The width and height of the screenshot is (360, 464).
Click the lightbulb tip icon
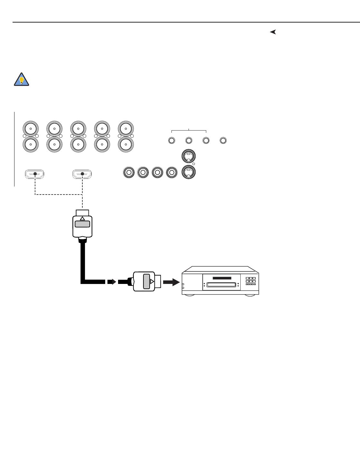coord(22,79)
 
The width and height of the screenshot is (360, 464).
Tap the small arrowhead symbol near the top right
coord(273,32)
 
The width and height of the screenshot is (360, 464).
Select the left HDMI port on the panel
coord(35,174)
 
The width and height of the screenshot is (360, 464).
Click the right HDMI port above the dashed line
coord(82,174)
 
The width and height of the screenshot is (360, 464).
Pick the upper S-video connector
coord(189,157)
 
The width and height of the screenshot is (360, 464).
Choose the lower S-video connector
coord(189,172)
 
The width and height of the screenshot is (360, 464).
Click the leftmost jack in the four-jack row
coord(129,173)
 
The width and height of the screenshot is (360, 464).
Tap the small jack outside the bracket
coord(223,140)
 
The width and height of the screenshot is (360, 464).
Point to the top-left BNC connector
coord(31,129)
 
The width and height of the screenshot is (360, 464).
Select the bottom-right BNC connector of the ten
coord(125,145)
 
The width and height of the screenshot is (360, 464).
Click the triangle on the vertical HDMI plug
coord(82,218)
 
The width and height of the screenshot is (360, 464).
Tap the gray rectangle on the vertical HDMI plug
coord(82,224)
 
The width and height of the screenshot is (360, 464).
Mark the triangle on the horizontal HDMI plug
coord(152,282)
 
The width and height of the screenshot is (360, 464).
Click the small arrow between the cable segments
coord(111,282)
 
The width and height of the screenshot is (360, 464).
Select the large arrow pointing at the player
coord(171,282)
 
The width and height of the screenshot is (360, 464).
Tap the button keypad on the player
coord(251,281)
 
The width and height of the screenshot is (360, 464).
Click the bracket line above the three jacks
coord(189,130)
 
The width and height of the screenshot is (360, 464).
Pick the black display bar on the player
coord(222,278)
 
